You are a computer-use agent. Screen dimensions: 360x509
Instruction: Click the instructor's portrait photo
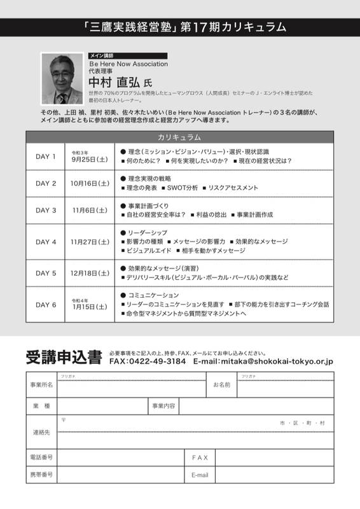(62, 79)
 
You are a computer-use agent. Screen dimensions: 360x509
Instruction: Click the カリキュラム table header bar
(179, 137)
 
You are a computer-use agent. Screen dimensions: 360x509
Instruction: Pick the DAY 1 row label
(46, 157)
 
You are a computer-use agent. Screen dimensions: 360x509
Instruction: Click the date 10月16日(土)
(90, 183)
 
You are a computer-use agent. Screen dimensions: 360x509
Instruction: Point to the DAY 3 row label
(46, 210)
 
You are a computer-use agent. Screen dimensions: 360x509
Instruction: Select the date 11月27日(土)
(90, 242)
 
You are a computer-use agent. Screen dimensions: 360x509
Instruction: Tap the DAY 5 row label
(46, 273)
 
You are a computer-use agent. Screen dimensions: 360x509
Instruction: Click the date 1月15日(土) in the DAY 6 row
(90, 307)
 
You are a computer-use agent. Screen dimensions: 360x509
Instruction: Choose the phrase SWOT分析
(183, 188)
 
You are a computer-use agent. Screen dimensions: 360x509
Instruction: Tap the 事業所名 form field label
(41, 385)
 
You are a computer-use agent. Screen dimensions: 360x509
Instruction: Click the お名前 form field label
(221, 385)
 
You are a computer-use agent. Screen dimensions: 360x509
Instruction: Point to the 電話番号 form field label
(41, 457)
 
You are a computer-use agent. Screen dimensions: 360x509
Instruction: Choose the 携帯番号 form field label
(41, 475)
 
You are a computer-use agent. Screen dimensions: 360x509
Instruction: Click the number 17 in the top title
(204, 27)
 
